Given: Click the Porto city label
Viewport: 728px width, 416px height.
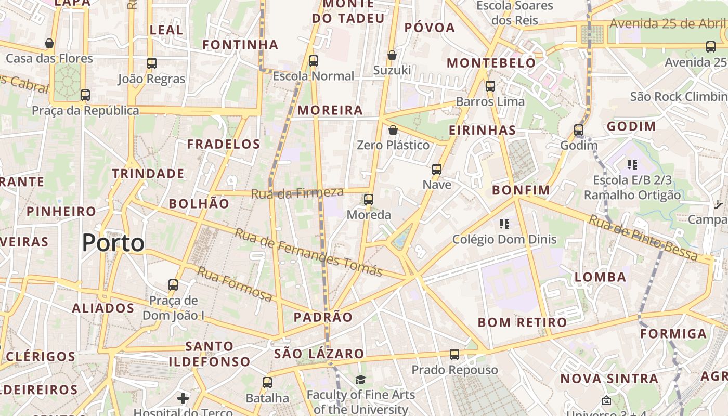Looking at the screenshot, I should pos(113,243).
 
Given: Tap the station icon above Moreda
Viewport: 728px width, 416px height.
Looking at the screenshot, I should pos(369,199).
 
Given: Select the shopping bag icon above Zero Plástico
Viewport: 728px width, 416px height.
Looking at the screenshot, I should pos(393,129).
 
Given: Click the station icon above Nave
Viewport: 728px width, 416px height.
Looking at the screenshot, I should pos(437,169).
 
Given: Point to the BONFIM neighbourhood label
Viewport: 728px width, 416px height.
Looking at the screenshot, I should pos(521,190).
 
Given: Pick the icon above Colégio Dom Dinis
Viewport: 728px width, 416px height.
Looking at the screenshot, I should pos(504,224).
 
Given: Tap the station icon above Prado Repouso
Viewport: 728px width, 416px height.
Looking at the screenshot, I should pos(454,355).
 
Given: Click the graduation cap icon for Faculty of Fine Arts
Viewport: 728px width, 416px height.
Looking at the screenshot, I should pos(360,380).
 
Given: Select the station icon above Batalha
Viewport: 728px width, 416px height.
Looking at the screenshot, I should pos(267,383).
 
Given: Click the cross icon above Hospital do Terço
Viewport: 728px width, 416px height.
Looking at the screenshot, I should pos(183,398).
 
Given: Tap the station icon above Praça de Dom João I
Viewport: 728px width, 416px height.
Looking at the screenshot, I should pos(173,285).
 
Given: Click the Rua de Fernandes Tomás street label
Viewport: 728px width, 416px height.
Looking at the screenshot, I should pos(308,252).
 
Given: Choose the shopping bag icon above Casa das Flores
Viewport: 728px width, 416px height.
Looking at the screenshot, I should pos(49,43).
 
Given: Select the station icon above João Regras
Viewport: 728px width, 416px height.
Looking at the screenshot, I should pos(152,63).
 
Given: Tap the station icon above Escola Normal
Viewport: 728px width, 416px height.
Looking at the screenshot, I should pos(314,60).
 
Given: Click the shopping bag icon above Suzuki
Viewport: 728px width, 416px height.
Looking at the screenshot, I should pos(392,55).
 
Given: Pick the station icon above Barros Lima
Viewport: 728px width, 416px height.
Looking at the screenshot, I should pos(490,86).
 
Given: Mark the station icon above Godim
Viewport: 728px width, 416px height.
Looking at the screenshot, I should pos(579,130).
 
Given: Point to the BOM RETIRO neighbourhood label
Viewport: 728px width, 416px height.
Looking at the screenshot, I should pos(522,322).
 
